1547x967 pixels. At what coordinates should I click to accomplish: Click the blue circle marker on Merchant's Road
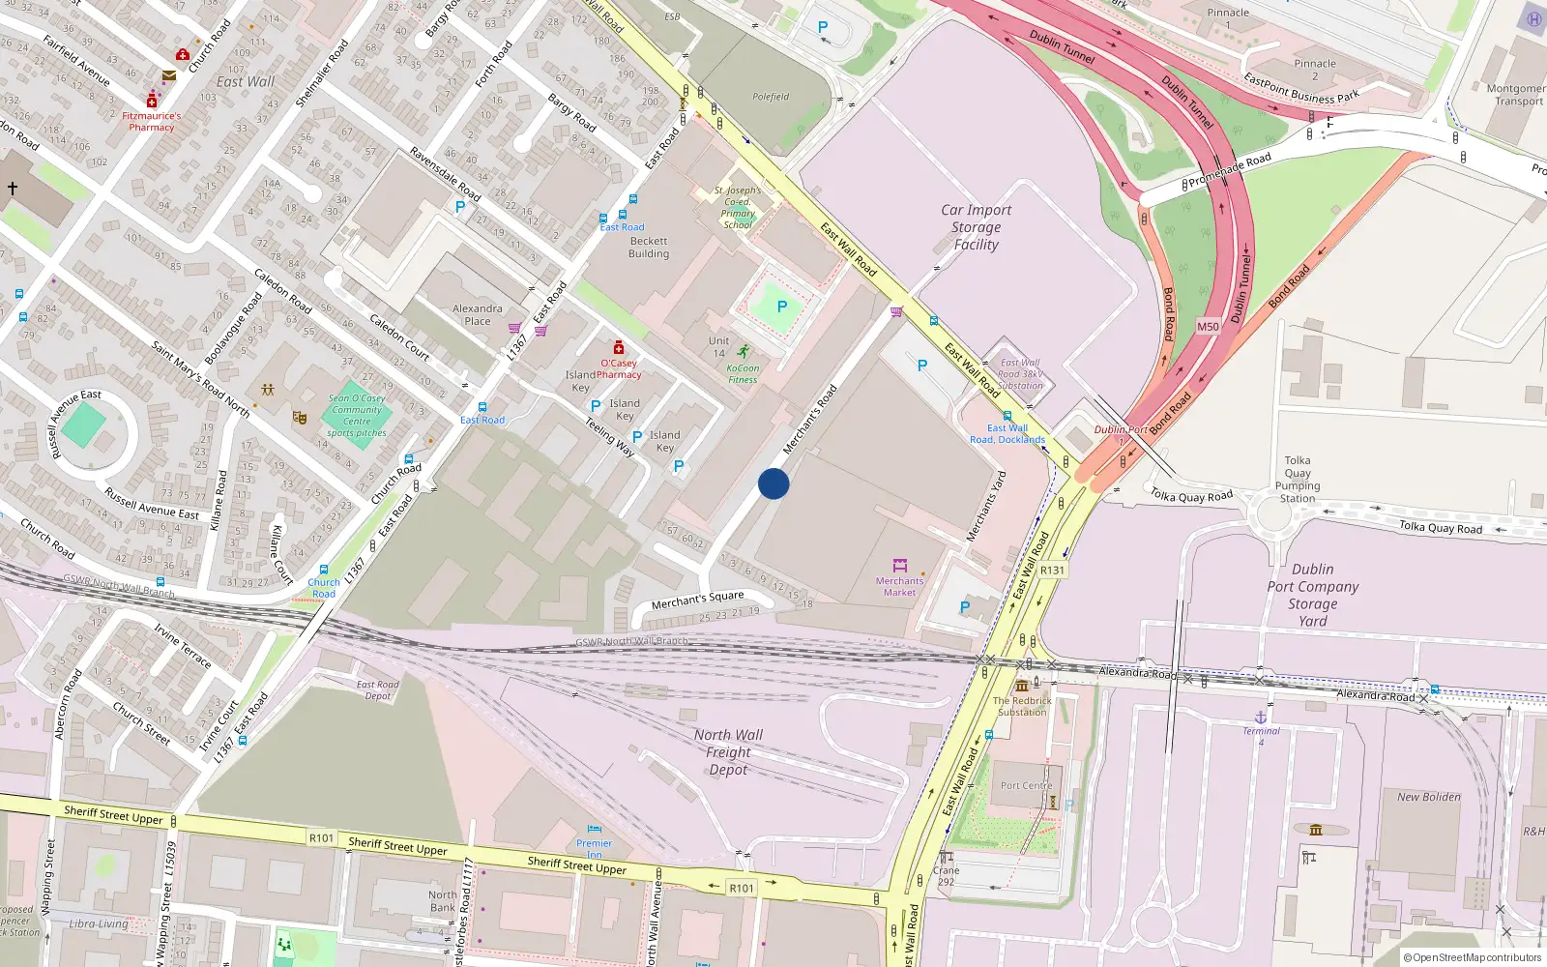click(773, 483)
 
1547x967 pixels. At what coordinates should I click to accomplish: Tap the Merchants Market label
click(899, 586)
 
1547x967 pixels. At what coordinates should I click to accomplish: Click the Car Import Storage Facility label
click(977, 227)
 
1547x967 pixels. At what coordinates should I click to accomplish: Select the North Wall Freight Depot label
click(728, 752)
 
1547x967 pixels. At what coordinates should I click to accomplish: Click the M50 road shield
click(1208, 327)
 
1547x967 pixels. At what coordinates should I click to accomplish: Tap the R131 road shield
click(1052, 571)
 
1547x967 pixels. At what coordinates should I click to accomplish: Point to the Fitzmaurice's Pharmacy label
click(152, 121)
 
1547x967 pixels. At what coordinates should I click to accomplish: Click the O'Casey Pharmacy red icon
click(619, 347)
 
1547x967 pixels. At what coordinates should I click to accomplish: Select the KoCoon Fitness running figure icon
click(743, 352)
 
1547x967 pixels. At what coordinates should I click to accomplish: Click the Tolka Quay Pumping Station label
click(1298, 480)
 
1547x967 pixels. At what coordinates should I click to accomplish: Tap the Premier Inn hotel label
click(594, 849)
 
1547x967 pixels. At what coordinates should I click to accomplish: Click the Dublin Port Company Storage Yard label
click(1312, 595)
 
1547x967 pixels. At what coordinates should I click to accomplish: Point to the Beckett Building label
click(649, 248)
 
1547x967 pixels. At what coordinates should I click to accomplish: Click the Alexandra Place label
click(478, 314)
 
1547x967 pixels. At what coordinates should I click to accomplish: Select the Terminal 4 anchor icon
click(1260, 717)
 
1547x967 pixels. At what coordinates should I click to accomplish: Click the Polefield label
click(771, 97)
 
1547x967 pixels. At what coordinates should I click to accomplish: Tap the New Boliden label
click(1428, 797)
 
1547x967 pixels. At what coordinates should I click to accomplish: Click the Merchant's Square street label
click(697, 600)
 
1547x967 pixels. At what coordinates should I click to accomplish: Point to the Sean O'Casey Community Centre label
click(357, 415)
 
